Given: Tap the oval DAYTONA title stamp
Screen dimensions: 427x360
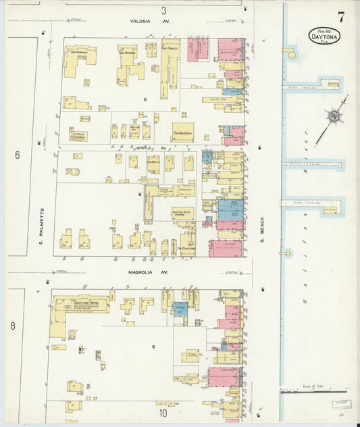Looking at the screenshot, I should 325,36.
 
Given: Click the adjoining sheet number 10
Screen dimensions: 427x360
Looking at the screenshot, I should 163,412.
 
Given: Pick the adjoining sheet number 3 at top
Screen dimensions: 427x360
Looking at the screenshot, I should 163,10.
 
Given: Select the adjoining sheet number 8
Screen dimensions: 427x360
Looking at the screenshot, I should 12,326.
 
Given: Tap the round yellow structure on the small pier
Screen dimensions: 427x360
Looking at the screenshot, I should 288,253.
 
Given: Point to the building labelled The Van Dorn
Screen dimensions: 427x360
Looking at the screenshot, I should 182,132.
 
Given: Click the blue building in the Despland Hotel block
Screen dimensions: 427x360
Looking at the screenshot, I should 180,307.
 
